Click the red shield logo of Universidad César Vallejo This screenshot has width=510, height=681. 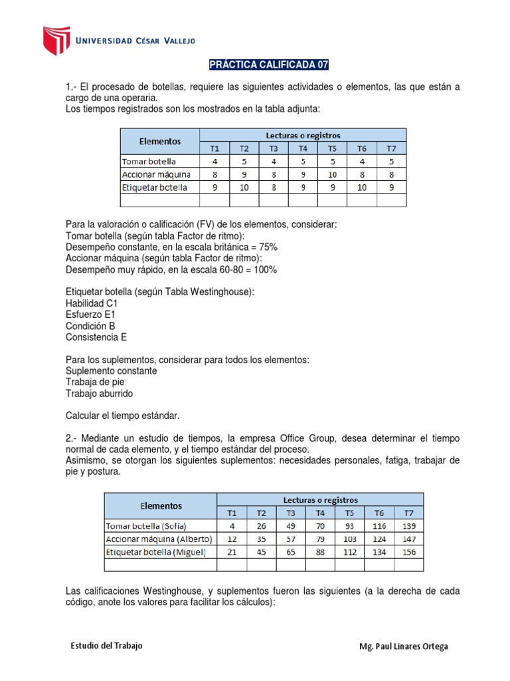[56, 41]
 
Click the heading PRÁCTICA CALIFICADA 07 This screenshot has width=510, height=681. [269, 65]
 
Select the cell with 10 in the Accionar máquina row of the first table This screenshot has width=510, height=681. [332, 174]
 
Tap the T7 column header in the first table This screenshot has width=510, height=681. [390, 148]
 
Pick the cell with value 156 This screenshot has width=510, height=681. [408, 552]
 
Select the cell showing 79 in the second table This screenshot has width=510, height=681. [320, 539]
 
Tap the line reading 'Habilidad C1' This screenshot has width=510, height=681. [92, 303]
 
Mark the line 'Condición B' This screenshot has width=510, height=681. [90, 326]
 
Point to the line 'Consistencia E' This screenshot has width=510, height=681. [96, 337]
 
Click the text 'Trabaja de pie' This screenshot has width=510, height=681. [95, 382]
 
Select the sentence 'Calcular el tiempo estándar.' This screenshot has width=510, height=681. [123, 416]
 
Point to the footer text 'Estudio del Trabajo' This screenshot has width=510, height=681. [106, 646]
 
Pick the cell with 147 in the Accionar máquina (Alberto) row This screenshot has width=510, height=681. [408, 539]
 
